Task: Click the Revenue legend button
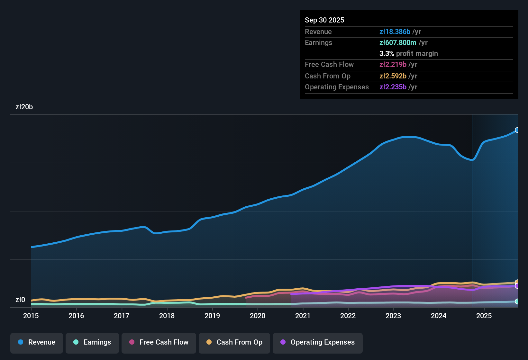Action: point(37,342)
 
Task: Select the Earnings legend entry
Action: point(92,342)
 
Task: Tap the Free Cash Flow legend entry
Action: point(159,342)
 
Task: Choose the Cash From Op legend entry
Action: point(234,342)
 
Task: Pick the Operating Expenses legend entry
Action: point(318,342)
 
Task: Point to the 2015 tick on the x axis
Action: point(31,316)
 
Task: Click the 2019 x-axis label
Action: point(212,316)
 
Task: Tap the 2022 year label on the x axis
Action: point(348,316)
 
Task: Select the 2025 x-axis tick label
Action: point(484,316)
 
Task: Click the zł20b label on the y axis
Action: point(24,107)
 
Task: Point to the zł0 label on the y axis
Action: point(20,300)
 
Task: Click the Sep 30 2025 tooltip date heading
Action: point(324,20)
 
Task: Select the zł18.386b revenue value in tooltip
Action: point(395,32)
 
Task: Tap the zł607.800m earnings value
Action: point(398,42)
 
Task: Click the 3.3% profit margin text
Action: point(408,53)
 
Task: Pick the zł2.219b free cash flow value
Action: point(393,64)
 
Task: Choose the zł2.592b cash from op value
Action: point(393,76)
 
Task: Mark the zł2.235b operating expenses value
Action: point(393,87)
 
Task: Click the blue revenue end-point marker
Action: point(517,130)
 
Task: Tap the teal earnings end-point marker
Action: point(517,301)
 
